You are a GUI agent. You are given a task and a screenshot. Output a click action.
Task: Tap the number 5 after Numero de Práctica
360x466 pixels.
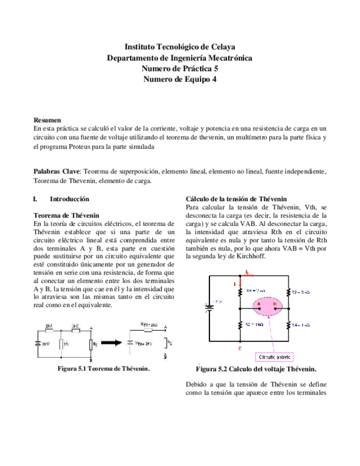(217, 69)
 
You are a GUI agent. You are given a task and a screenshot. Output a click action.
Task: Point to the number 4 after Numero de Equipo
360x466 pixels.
(214, 79)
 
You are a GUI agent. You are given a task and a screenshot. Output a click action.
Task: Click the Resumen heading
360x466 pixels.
(47, 119)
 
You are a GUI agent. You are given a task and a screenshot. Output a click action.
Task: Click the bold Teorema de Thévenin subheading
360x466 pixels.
(67, 215)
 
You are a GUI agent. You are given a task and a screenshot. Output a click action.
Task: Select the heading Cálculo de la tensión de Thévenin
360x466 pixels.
(236, 198)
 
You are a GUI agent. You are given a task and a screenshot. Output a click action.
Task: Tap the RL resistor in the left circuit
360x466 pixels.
(92, 345)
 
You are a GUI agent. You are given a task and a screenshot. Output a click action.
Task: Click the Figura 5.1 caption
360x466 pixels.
(104, 368)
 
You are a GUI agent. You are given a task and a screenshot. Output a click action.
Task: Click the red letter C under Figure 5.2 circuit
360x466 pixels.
(240, 348)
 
